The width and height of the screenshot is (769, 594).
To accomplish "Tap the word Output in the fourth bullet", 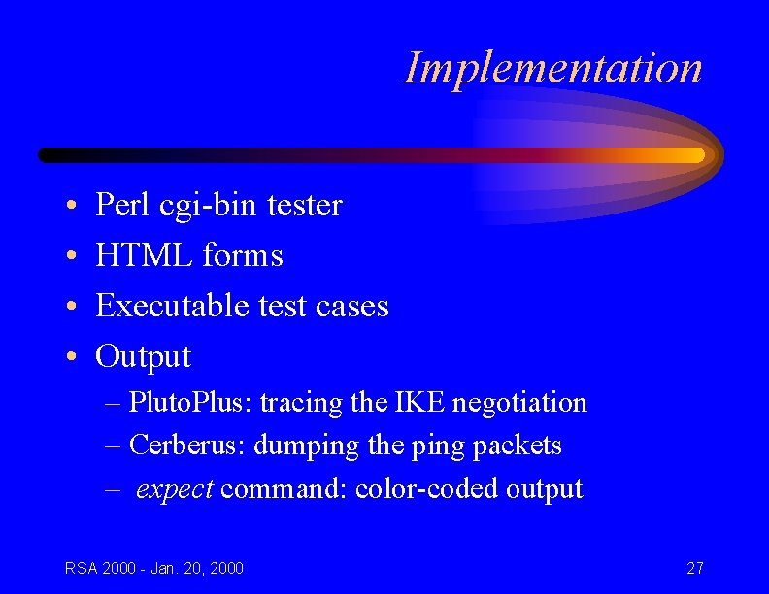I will [143, 356].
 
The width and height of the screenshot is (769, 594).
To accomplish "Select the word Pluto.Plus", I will [189, 402].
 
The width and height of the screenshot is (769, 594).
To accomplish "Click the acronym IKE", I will [417, 402].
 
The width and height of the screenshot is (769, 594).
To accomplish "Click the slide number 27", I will [694, 568].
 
